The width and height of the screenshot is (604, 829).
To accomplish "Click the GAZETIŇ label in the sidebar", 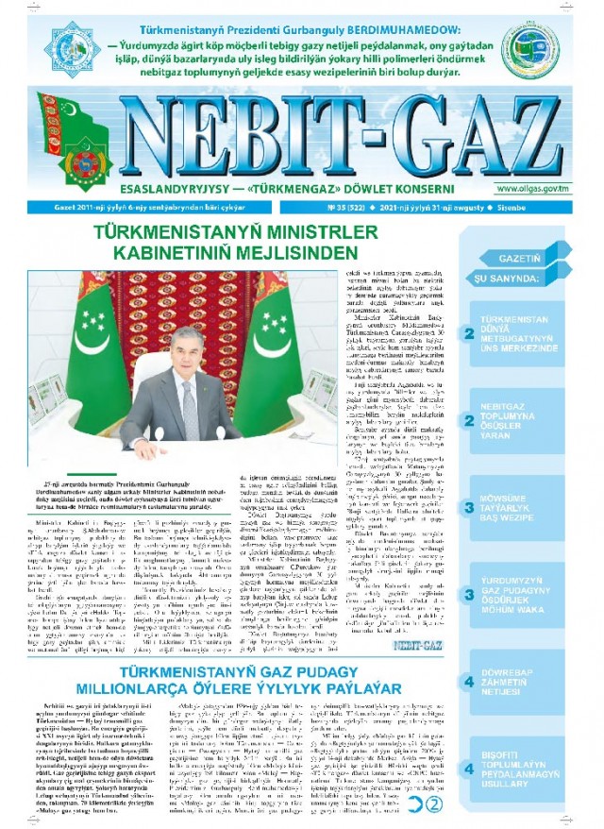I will coord(517,256).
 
